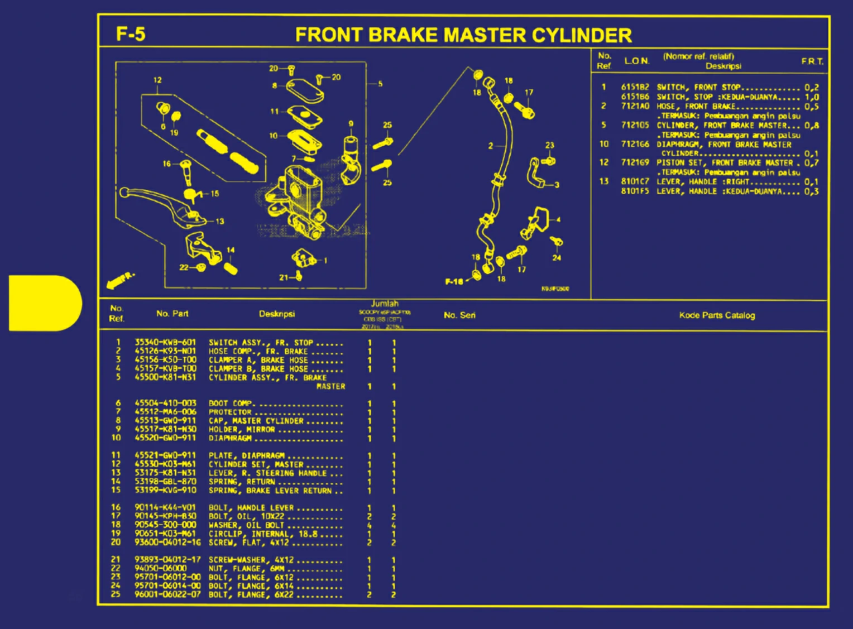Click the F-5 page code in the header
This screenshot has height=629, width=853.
[x=131, y=34]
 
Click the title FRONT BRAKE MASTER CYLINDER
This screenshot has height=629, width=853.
[x=463, y=35]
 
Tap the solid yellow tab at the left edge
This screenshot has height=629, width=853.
[x=45, y=303]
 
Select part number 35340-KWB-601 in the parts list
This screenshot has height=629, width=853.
[x=165, y=342]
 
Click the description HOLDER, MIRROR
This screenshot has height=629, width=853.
[x=242, y=429]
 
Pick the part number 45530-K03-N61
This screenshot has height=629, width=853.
[x=165, y=464]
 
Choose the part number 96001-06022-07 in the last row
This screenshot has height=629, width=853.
[x=167, y=594]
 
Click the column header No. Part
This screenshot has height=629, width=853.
[x=172, y=314]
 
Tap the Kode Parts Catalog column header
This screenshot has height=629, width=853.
[x=717, y=315]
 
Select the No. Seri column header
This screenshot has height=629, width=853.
[x=459, y=315]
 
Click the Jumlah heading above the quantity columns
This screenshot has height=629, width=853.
[x=385, y=304]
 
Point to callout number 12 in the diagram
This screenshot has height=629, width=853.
[x=157, y=80]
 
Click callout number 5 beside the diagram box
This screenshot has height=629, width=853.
[x=380, y=84]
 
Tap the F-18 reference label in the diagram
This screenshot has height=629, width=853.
[x=454, y=281]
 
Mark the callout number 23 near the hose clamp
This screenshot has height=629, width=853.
[x=549, y=145]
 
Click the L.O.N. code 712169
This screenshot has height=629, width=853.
[x=635, y=162]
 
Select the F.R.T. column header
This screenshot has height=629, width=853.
[x=812, y=61]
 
